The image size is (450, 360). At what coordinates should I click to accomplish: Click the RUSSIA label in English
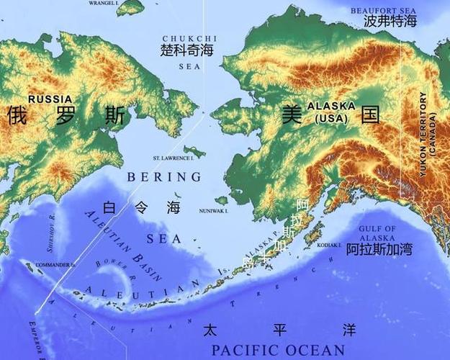[x=50, y=99]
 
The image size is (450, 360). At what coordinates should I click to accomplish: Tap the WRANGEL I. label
[x=104, y=4]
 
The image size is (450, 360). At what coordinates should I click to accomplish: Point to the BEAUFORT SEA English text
[x=384, y=10]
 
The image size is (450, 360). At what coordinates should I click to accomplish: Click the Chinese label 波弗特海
[x=390, y=22]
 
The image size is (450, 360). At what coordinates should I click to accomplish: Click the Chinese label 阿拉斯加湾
[x=379, y=250]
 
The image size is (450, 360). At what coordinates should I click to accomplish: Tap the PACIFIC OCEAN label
[x=278, y=351]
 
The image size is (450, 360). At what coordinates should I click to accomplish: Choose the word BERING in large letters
[x=163, y=176]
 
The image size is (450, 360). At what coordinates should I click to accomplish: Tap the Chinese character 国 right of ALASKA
[x=370, y=114]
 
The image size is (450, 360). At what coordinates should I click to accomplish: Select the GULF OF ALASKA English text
[x=377, y=233]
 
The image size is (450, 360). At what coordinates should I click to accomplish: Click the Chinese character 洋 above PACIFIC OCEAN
[x=349, y=330]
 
